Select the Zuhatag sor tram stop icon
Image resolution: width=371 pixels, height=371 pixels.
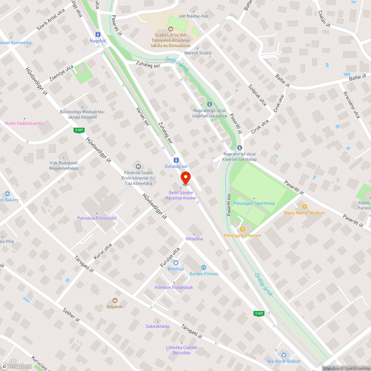click(x=176, y=160)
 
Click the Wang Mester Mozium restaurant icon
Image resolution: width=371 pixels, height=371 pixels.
click(x=304, y=206)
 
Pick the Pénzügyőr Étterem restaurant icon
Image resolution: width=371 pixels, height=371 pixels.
click(x=243, y=229)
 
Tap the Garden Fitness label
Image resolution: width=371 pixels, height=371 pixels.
click(x=204, y=274)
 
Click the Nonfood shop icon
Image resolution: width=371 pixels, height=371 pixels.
click(x=176, y=263)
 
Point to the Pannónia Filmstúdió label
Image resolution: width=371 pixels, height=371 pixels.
click(x=97, y=218)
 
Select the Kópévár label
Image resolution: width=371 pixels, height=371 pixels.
click(x=115, y=306)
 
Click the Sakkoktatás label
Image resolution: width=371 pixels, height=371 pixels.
click(x=158, y=326)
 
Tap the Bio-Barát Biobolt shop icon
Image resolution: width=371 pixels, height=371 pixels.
click(x=284, y=355)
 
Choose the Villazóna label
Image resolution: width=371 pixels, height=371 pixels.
click(x=194, y=239)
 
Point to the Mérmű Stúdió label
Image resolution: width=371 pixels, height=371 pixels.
click(x=198, y=53)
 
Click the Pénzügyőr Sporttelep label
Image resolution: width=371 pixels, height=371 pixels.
click(x=254, y=203)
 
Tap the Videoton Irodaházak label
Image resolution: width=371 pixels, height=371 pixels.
click(x=174, y=287)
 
